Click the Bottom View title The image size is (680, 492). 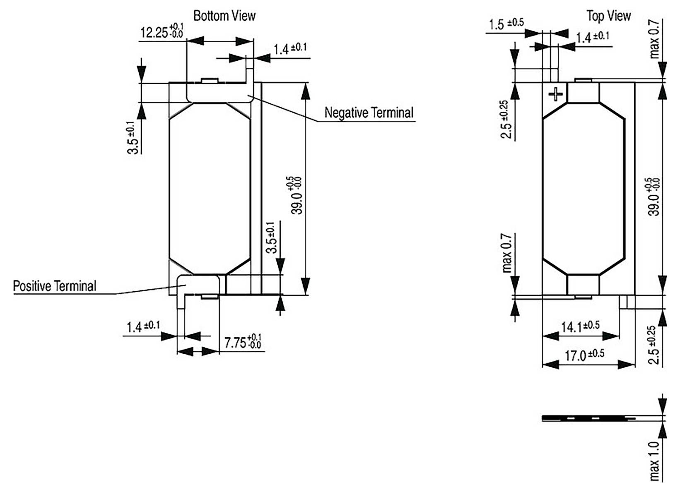224,16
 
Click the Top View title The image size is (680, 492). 608,16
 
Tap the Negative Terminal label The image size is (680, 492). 369,113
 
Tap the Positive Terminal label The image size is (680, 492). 54,286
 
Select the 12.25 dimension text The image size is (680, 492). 162,32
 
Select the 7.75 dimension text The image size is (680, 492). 243,343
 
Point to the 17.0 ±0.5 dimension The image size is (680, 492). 584,355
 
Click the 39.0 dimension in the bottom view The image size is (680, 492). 297,195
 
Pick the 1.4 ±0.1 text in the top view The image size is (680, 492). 593,37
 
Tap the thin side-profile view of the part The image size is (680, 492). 588,418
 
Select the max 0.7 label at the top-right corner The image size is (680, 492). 654,39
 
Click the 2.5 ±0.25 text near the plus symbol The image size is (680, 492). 506,120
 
